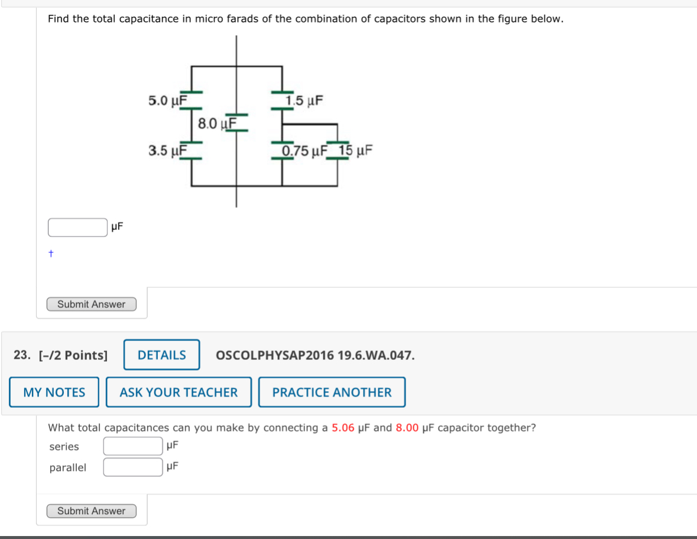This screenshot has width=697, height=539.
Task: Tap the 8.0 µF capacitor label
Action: (x=217, y=124)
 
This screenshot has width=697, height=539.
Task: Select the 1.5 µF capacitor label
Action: (x=304, y=100)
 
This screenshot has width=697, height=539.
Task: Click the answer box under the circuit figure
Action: (x=77, y=227)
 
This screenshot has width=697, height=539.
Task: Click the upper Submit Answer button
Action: (x=92, y=304)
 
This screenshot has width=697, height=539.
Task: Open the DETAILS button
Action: (x=161, y=355)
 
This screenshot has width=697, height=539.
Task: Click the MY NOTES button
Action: (x=54, y=392)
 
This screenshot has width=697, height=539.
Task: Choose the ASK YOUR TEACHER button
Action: (x=179, y=392)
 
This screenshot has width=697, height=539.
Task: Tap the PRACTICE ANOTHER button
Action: (x=332, y=392)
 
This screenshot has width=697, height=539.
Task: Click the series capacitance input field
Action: (x=133, y=446)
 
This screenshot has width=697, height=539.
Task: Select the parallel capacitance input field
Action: (x=133, y=467)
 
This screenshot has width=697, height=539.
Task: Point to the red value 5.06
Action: (x=343, y=428)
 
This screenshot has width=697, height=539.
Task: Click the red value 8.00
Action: (x=407, y=428)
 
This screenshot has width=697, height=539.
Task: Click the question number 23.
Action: (x=22, y=355)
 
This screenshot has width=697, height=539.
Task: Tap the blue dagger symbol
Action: (x=51, y=254)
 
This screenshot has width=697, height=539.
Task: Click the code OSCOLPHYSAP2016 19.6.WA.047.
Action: (x=315, y=355)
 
